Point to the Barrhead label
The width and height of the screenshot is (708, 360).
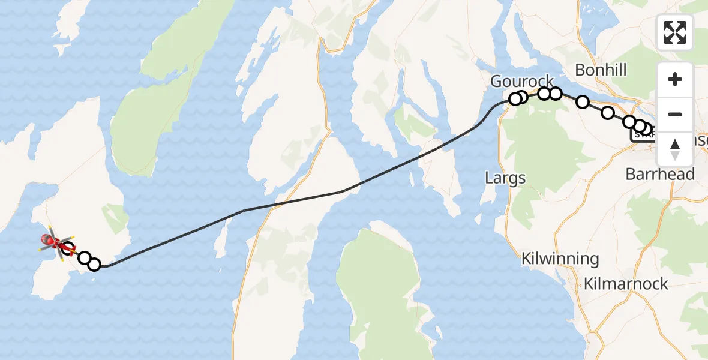click(660, 175)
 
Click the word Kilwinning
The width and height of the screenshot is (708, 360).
click(560, 259)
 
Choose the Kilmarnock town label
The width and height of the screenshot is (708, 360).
click(626, 284)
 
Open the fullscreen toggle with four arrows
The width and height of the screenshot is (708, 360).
click(675, 32)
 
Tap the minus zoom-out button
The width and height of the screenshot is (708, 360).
click(675, 114)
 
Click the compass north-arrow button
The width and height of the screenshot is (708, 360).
click(675, 149)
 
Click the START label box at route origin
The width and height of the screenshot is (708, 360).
click(640, 136)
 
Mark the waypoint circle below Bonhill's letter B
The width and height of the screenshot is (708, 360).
click(583, 102)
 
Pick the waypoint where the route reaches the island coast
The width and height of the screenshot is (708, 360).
click(94, 265)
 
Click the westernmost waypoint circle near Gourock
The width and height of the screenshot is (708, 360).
click(515, 99)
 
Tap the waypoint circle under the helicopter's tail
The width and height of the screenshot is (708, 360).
click(68, 248)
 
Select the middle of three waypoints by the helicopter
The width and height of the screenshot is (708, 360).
click(84, 259)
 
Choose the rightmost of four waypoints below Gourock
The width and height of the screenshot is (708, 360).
click(556, 93)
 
